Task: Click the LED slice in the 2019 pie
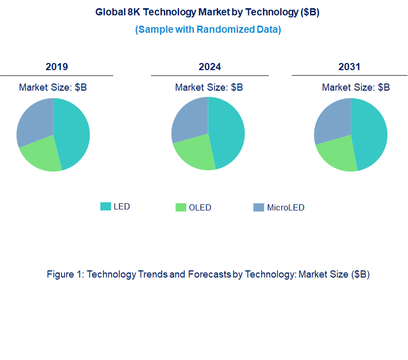point(72,133)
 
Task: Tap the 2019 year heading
point(56,67)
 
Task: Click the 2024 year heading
point(210,67)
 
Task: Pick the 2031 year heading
point(349,67)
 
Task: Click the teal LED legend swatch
point(105,206)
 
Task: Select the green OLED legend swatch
point(181,207)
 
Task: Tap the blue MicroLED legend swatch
point(259,207)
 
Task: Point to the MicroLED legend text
point(286,208)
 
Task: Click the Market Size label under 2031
point(356,88)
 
